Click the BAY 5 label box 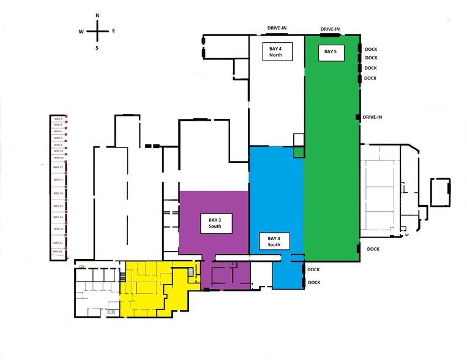[331, 53]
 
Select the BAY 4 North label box [277, 52]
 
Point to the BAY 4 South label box [274, 241]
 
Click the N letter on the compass [98, 15]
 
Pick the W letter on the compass [81, 31]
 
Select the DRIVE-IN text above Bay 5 [331, 29]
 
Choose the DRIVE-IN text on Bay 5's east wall [373, 117]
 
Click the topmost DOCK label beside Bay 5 [371, 48]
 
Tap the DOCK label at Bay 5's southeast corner [373, 249]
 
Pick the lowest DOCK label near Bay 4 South [314, 283]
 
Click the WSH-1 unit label [58, 119]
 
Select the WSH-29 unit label [58, 252]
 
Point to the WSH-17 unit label [58, 179]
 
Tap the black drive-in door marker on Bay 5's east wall [358, 117]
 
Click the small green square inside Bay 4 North [298, 152]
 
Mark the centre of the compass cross [98, 31]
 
